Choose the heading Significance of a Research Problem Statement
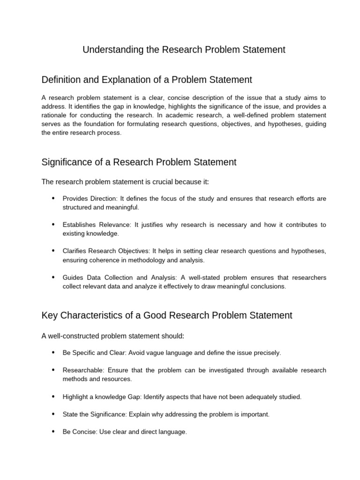coord(139,162)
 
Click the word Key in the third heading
coord(49,315)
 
